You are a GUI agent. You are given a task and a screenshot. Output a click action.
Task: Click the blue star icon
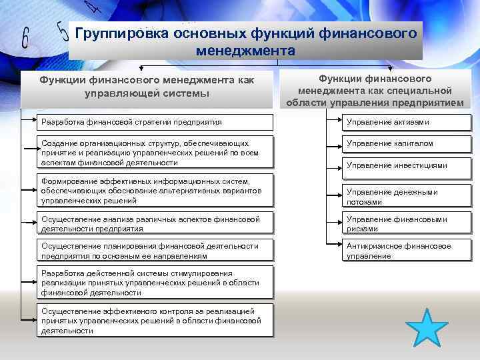pos(426,329)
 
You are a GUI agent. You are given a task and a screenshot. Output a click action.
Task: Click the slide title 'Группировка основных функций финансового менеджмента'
pos(246,41)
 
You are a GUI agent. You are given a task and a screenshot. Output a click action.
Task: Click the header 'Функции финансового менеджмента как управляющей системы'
pos(147,87)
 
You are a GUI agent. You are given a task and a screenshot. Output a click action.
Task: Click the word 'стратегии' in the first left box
pos(141,122)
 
